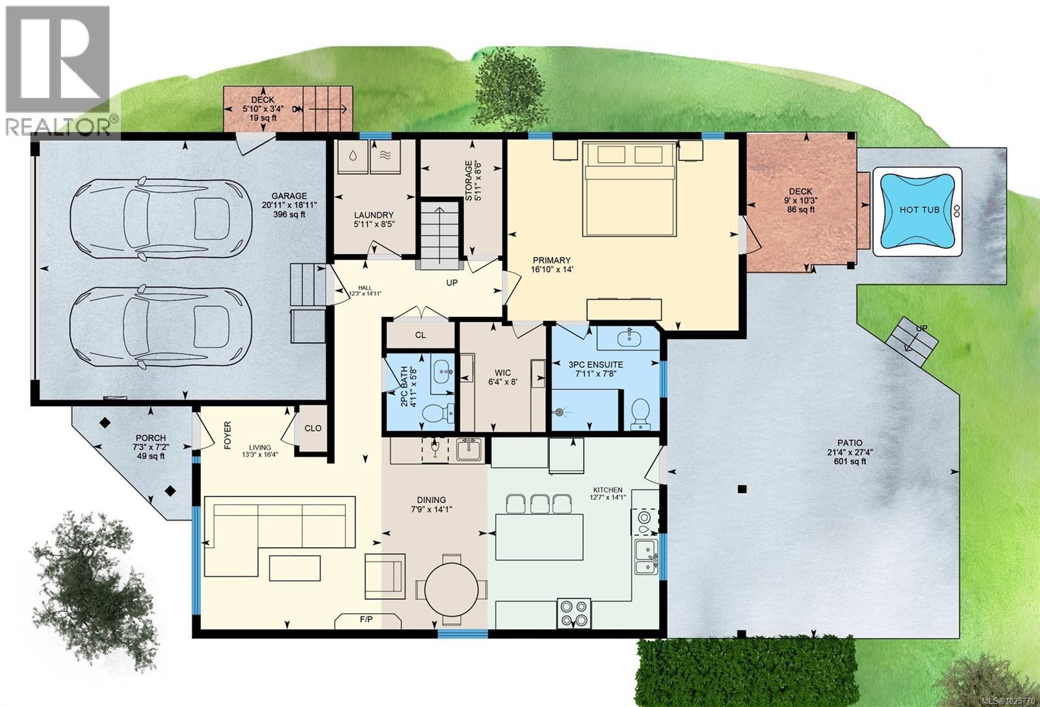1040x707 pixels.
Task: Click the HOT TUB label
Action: (918, 210)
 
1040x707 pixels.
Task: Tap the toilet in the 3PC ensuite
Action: (640, 414)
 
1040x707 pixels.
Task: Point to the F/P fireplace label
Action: (366, 620)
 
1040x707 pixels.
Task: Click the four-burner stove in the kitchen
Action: (573, 613)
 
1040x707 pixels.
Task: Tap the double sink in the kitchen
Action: (646, 558)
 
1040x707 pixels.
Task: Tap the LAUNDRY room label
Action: (374, 215)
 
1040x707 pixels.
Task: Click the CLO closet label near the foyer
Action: (313, 428)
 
